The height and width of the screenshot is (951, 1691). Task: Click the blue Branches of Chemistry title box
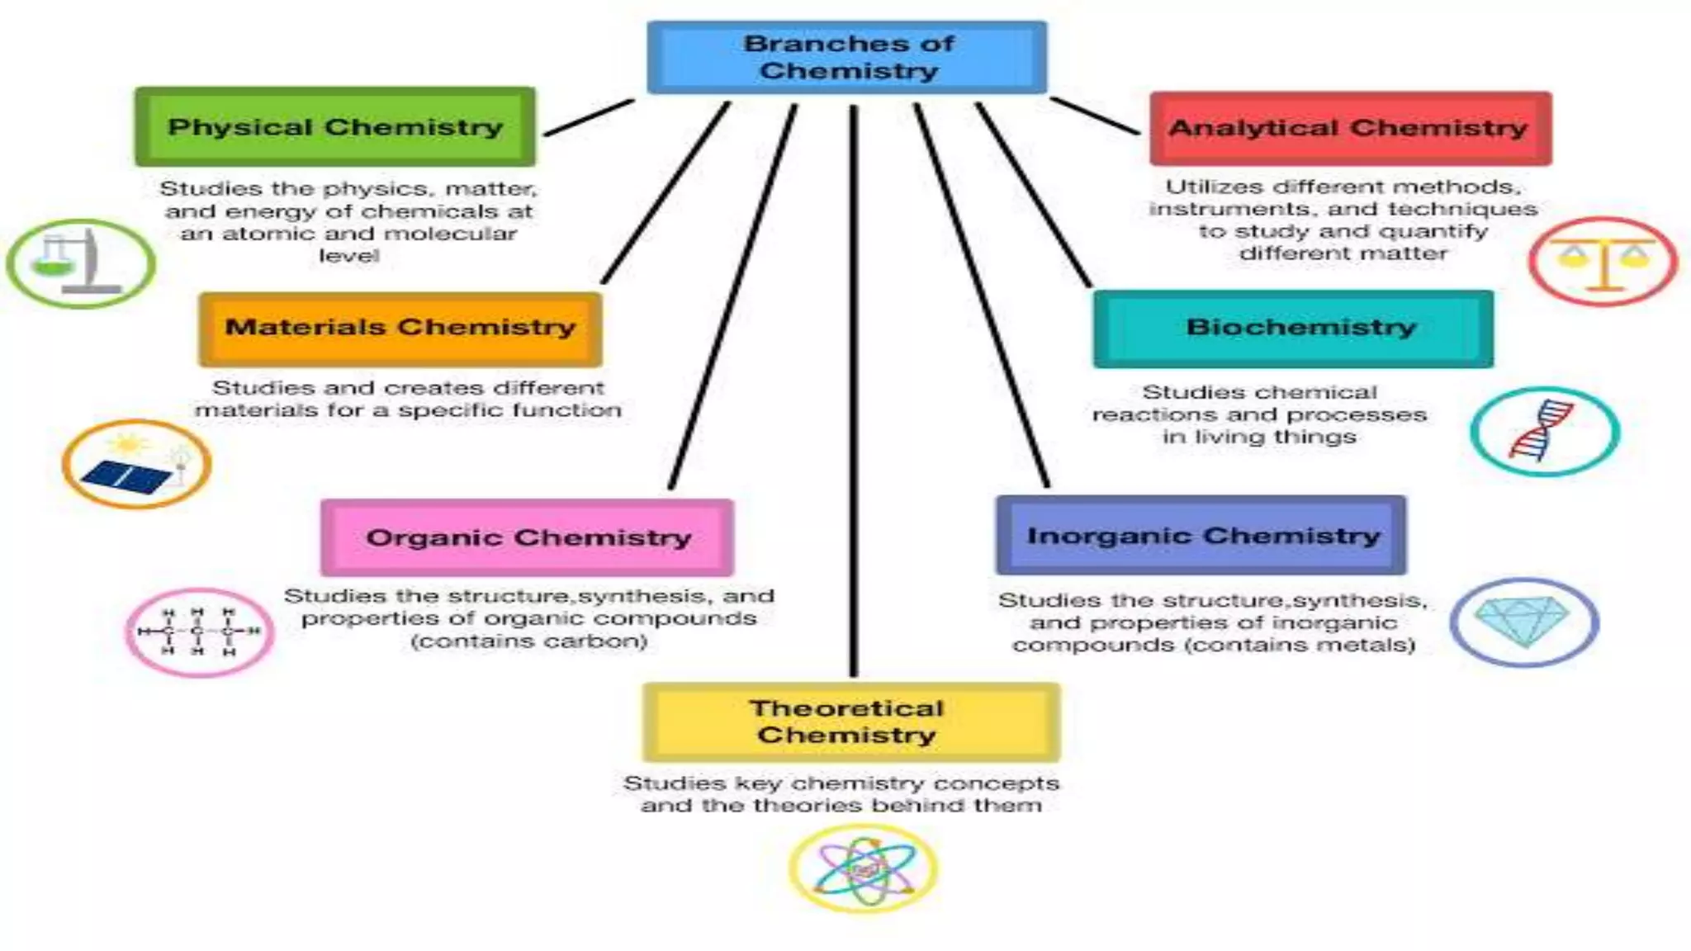click(847, 57)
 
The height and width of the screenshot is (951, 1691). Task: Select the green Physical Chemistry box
click(335, 127)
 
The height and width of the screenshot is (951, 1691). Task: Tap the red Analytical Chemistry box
click(1350, 129)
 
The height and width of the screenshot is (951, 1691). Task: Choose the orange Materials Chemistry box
click(400, 329)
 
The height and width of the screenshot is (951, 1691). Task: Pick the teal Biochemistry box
click(1293, 329)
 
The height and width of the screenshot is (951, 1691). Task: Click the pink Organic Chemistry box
click(528, 537)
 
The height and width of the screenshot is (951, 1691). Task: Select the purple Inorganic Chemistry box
click(1201, 536)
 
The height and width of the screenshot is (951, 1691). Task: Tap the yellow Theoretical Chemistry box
click(850, 722)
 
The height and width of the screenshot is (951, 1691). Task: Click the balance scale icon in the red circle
click(1603, 262)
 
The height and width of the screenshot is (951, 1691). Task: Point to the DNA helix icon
click(1543, 431)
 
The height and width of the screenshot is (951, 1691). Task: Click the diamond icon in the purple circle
click(1524, 622)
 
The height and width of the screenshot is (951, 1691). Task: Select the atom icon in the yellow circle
click(864, 868)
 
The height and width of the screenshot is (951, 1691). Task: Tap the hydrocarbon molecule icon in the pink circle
click(199, 632)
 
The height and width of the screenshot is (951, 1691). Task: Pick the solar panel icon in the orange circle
click(136, 465)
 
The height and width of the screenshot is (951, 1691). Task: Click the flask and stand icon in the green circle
click(80, 263)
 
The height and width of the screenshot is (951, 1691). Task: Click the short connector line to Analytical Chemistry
click(1095, 116)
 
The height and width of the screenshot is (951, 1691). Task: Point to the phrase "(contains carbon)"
click(529, 641)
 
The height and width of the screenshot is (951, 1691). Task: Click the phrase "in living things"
click(1259, 437)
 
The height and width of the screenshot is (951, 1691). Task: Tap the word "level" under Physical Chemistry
click(348, 256)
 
